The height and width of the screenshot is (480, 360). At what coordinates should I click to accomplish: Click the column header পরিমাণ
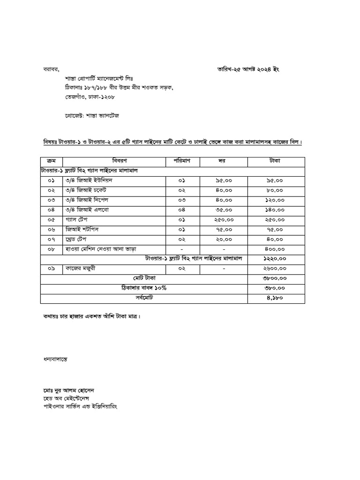click(184, 161)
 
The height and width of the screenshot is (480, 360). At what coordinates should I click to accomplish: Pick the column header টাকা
click(276, 161)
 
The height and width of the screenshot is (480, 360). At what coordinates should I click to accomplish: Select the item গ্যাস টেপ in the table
click(78, 219)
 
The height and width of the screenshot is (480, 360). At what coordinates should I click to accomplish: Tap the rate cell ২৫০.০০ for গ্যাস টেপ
click(224, 219)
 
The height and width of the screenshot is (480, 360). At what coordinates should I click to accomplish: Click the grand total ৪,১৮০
click(276, 298)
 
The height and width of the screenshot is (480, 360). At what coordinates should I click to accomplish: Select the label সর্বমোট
click(144, 298)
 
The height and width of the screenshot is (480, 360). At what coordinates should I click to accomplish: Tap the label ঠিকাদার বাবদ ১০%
click(144, 288)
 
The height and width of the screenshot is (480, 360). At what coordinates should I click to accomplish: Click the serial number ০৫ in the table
click(52, 219)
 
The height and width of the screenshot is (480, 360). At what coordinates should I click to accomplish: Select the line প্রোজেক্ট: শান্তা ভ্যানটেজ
click(91, 115)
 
